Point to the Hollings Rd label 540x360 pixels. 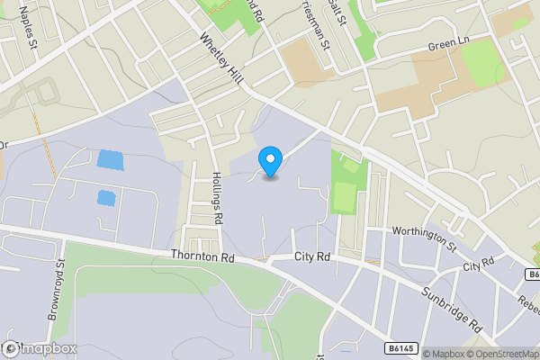(218, 199)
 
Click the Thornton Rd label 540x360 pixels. (201, 256)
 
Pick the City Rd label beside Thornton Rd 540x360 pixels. (313, 257)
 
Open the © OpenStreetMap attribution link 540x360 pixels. (502, 354)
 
